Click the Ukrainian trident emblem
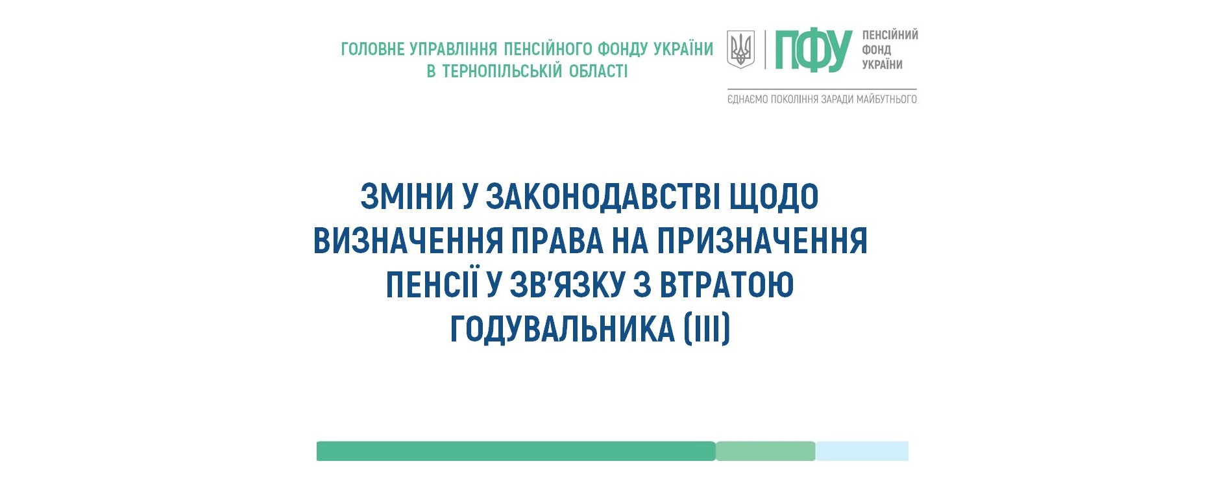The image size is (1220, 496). tap(740, 49)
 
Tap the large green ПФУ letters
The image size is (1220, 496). tap(813, 50)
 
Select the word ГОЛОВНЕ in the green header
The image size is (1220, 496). tap(373, 49)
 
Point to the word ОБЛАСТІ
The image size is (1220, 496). tap(598, 71)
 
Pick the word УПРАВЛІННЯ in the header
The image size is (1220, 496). tap(454, 49)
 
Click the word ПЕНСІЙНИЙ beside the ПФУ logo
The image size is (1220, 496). tap(890, 35)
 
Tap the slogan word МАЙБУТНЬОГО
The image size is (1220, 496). tap(886, 99)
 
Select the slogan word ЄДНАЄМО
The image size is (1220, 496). tap(748, 99)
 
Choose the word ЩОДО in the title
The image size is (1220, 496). tap(774, 197)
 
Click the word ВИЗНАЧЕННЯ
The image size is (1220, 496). tap(408, 240)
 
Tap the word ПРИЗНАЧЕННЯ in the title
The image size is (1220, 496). tap(762, 240)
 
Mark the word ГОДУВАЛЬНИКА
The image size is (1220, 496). tap(563, 329)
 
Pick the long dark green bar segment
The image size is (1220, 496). tap(516, 451)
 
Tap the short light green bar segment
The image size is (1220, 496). tap(766, 451)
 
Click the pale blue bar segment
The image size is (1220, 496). tap(862, 451)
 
